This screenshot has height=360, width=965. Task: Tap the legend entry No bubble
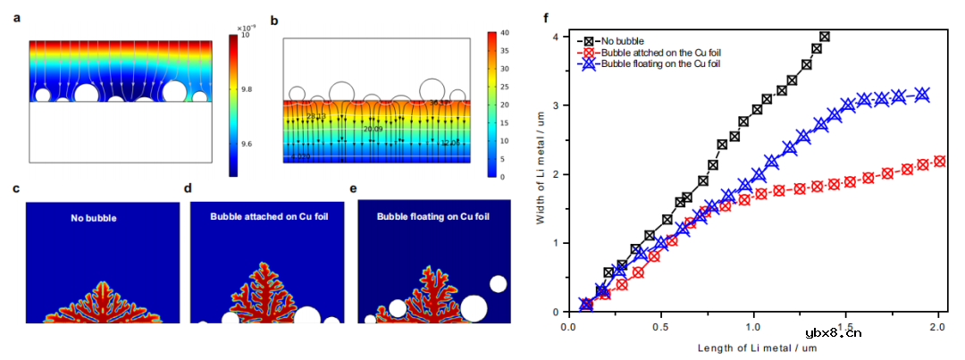[617, 40]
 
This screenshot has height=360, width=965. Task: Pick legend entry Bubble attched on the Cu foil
[658, 52]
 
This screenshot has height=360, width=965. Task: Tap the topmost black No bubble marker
[824, 37]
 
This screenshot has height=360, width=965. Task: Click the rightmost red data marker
[939, 162]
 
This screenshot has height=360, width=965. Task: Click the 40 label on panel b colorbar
[504, 33]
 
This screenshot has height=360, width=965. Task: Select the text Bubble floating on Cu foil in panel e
[434, 216]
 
